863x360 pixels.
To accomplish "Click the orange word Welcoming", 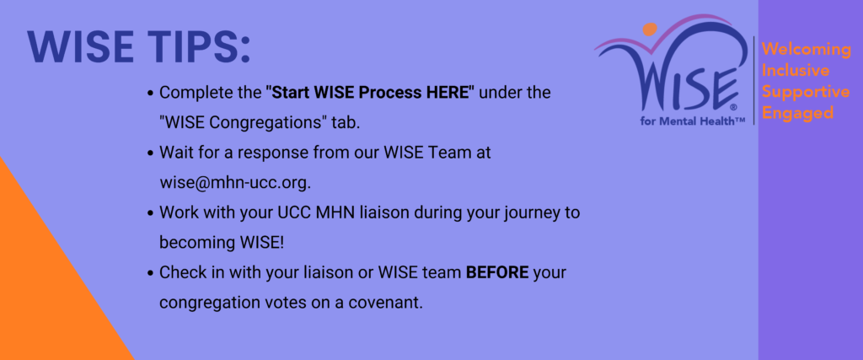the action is (x=807, y=50).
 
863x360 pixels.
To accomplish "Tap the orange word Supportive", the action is (x=806, y=92).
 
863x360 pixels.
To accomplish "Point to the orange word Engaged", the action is (x=797, y=113).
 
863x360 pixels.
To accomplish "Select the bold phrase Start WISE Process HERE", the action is (x=370, y=93).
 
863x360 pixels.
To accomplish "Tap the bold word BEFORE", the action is (x=497, y=272).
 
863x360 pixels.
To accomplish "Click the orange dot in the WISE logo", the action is (x=650, y=30).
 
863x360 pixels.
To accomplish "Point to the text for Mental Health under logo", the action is (x=693, y=121).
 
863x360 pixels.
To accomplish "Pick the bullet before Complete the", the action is (x=150, y=93).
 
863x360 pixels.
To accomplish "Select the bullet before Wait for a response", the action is (x=150, y=153).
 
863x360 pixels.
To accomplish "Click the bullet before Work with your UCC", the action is (x=150, y=213).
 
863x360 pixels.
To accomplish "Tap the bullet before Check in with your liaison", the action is (x=150, y=273).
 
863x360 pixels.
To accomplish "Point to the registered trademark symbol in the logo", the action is (x=732, y=108).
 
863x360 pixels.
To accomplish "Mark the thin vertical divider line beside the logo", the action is (x=754, y=80).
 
